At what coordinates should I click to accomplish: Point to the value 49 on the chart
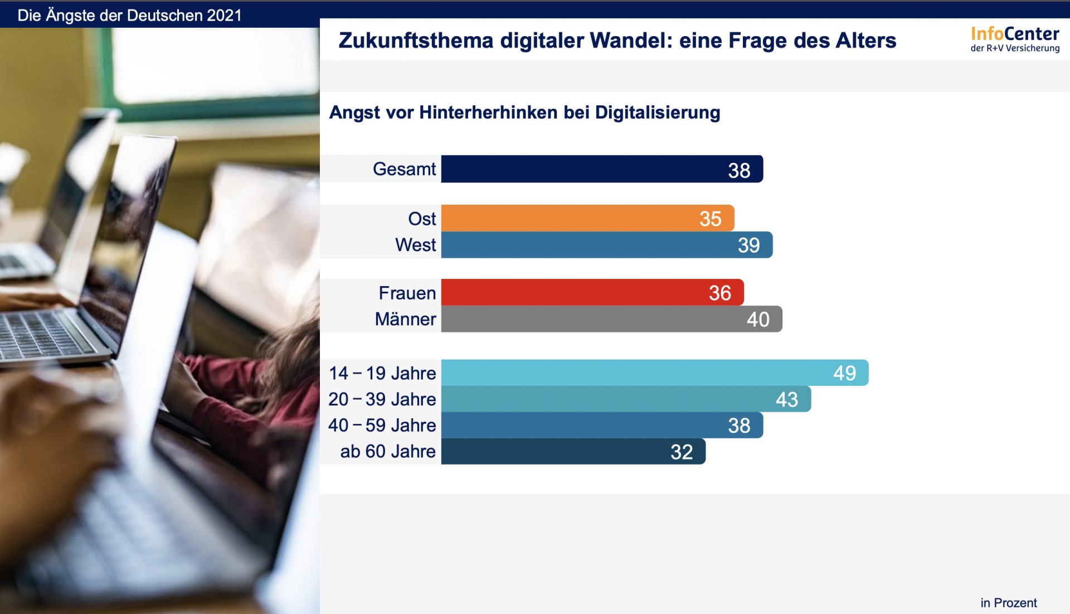coord(844,373)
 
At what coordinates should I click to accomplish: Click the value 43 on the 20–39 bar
coord(786,399)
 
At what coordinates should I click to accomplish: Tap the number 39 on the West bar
coord(748,245)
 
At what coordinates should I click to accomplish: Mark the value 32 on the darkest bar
coord(681,452)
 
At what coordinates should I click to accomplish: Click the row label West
coord(415,245)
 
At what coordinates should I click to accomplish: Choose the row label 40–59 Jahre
coord(382,426)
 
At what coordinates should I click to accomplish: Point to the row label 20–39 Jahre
coord(382,399)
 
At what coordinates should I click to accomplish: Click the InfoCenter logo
coord(1014,39)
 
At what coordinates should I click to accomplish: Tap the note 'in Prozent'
coord(1008,603)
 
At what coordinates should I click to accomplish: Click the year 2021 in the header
coord(224,16)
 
